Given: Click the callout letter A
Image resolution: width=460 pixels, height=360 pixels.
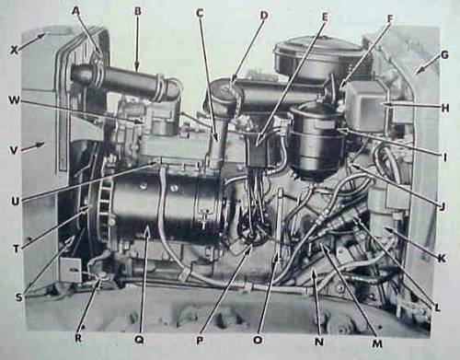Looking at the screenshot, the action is coord(76,12).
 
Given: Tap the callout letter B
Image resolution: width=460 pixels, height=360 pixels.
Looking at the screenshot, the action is coord(138,11).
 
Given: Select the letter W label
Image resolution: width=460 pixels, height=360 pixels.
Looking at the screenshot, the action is coord(14,100).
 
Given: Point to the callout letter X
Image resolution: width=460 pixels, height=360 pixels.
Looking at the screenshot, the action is coord(14,50).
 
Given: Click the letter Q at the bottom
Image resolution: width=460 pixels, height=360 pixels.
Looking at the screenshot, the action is coord(139,340).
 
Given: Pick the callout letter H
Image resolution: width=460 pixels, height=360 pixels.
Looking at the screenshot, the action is coord(445,108).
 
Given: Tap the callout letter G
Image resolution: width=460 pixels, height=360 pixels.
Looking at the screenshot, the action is coord(444,54).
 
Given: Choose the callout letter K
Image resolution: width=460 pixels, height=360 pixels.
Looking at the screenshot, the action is coord(441,259).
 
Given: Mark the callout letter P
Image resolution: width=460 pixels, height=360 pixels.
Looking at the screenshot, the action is coord(200,341).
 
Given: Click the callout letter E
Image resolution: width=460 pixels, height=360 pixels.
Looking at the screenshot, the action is coord(325,17).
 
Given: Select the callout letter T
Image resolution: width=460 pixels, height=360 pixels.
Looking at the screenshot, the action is coord(16,249).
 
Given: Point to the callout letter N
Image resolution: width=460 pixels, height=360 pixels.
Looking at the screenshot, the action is coord(319,342).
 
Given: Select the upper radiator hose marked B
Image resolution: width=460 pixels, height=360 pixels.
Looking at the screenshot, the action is coord(122,80).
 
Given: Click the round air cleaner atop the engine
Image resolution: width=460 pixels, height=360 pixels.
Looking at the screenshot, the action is coord(320,58).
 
